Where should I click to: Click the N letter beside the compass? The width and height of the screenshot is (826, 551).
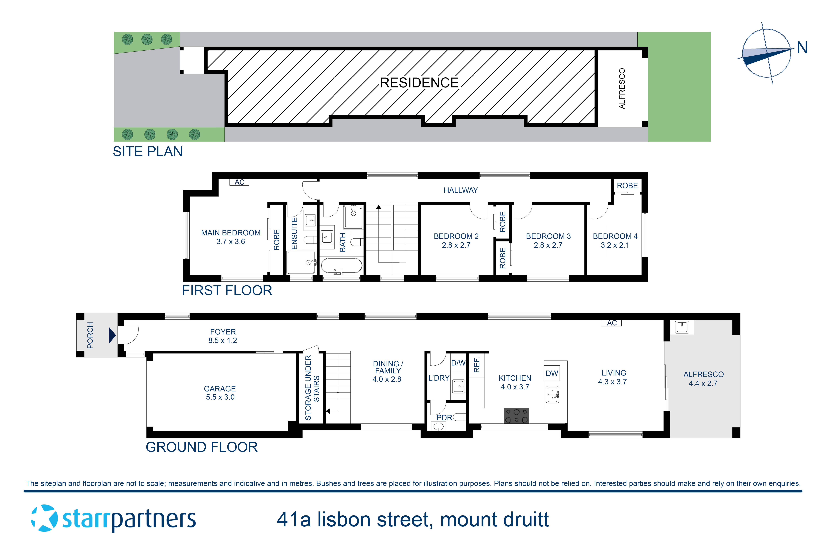(802, 48)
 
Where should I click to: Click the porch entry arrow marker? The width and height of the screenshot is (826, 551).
(112, 335)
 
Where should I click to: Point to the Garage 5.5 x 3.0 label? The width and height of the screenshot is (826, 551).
(220, 392)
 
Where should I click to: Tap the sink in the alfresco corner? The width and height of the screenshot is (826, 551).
(682, 327)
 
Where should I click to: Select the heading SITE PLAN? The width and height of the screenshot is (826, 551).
(147, 151)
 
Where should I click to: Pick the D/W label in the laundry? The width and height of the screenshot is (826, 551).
(458, 363)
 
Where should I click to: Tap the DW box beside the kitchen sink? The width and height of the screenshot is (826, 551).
(552, 373)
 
